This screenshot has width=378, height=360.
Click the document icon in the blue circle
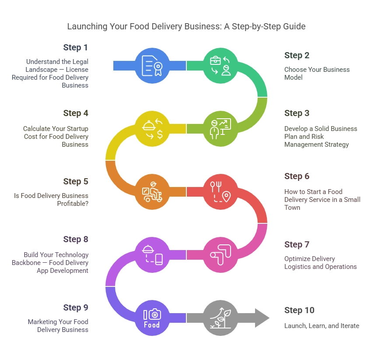150,65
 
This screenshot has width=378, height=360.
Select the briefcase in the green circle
215,60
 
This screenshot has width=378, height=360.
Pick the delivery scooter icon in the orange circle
151,193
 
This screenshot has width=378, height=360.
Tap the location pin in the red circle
226,197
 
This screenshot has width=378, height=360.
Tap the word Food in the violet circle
152,325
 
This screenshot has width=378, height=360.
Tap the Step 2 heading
297,55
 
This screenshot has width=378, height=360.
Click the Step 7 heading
297,244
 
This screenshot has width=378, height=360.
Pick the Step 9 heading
77,307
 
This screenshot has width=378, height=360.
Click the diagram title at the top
187,27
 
